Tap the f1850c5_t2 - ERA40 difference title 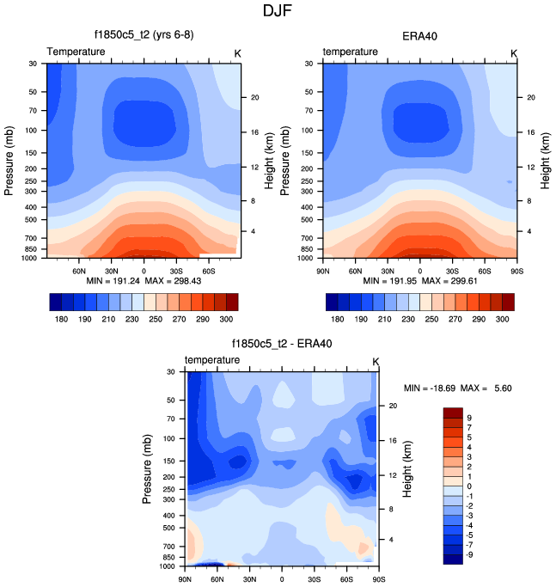pos(282,344)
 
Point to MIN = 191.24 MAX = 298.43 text pos(144,281)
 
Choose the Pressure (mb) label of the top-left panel pos(10,161)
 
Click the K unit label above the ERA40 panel pos(514,52)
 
